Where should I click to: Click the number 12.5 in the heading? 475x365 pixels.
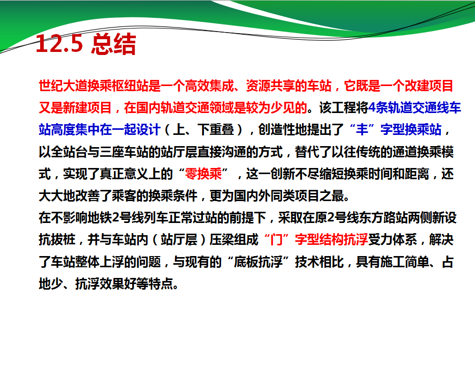point(60,44)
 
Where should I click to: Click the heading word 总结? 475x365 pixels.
point(113,44)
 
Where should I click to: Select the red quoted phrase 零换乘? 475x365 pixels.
point(203,174)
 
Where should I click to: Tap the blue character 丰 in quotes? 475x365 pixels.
point(362,130)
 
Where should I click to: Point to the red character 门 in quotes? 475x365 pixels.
point(277,239)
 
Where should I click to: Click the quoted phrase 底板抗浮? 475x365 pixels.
point(258,262)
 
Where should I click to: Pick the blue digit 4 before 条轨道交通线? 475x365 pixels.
point(372,107)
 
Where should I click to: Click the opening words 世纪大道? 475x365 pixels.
point(63,86)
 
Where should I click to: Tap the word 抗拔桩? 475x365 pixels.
point(57,239)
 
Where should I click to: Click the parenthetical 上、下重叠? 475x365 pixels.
point(203,130)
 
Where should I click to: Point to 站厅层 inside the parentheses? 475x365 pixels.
point(179,239)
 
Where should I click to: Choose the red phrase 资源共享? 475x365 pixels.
point(270,86)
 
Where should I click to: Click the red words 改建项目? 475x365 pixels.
point(429,86)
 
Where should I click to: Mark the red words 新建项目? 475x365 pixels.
point(87,107)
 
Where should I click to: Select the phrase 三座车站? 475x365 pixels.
point(124,152)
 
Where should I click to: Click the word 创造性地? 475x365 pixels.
point(283,130)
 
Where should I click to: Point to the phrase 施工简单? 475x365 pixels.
point(405,262)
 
